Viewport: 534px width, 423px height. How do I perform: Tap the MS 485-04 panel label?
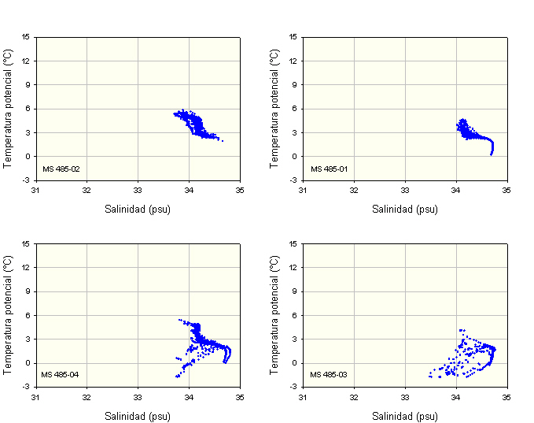click(61, 374)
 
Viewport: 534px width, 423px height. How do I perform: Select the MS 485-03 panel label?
click(328, 374)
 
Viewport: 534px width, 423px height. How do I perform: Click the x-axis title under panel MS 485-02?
click(138, 210)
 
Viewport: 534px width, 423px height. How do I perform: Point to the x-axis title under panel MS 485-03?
click(405, 416)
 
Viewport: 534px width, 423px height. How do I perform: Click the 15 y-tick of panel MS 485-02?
click(26, 36)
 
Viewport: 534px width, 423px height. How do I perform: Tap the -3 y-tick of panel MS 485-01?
click(293, 180)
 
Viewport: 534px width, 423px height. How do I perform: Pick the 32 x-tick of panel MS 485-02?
click(87, 190)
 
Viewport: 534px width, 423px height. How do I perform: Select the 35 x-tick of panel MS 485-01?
click(506, 190)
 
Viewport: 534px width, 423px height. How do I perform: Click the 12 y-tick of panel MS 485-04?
click(26, 267)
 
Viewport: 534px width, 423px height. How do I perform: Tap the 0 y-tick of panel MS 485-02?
click(28, 156)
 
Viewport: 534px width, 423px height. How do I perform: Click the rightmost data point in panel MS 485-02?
click(223, 141)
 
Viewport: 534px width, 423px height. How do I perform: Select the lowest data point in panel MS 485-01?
click(491, 154)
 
